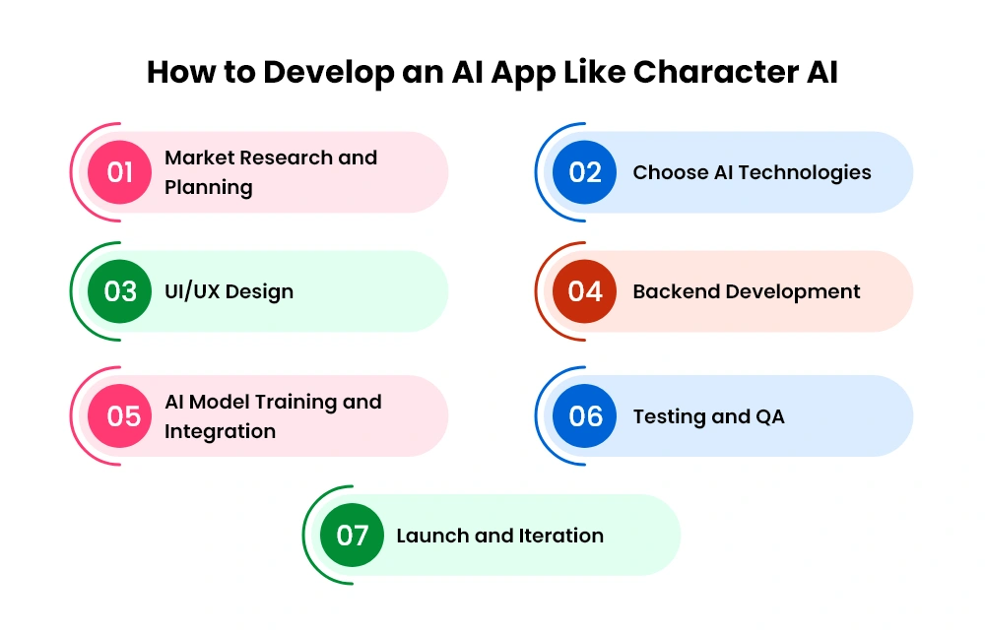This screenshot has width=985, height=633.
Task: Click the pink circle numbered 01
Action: click(x=119, y=172)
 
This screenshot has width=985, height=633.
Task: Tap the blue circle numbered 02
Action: click(x=584, y=172)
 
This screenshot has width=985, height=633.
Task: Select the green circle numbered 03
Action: click(x=119, y=291)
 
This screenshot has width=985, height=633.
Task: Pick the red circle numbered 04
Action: click(x=584, y=291)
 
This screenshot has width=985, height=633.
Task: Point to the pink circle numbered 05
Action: click(x=119, y=415)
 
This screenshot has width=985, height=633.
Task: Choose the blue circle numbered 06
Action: click(x=584, y=415)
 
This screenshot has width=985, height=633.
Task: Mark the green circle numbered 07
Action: click(x=352, y=535)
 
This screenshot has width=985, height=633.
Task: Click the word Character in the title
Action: click(x=715, y=72)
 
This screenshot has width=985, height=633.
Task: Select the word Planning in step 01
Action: click(x=209, y=188)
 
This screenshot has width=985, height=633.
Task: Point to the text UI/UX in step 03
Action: click(x=192, y=291)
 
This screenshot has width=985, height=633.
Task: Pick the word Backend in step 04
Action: click(x=676, y=291)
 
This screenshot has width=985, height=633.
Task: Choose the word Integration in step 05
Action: click(x=220, y=432)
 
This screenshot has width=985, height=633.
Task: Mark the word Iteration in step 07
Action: click(x=561, y=536)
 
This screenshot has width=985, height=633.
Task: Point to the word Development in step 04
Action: click(x=793, y=292)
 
